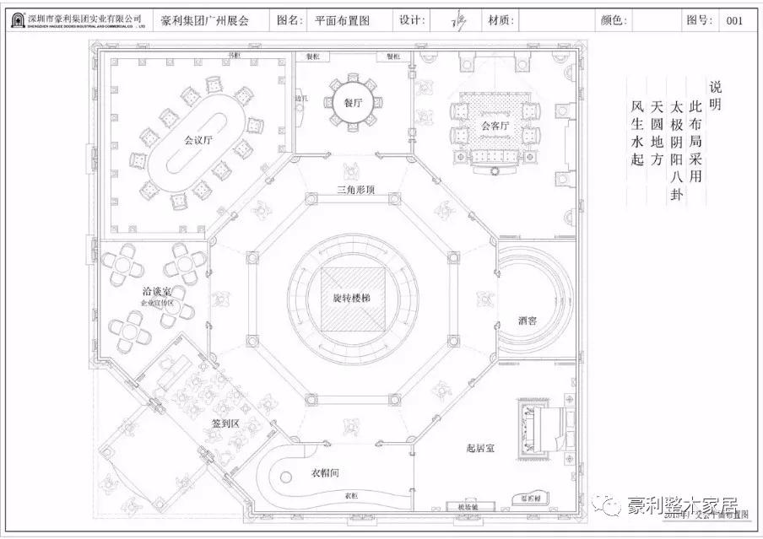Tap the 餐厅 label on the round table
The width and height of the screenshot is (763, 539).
[x=352, y=103]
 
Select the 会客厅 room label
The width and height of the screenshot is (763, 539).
[x=495, y=126]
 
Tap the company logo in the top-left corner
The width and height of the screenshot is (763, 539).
[x=14, y=19]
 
